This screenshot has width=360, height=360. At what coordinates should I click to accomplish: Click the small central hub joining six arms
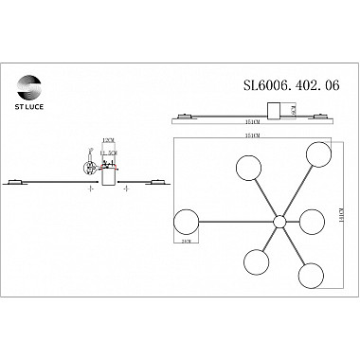(x=279, y=222)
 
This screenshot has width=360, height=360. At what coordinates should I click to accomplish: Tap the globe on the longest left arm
(x=188, y=225)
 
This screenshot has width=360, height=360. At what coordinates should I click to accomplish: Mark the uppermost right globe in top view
(x=315, y=155)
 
